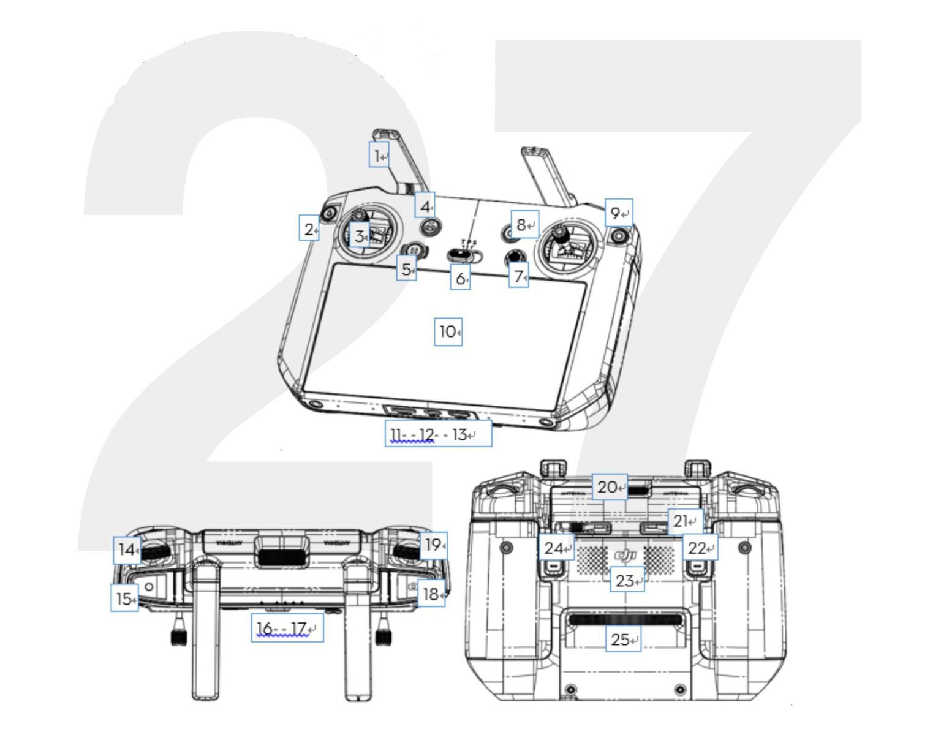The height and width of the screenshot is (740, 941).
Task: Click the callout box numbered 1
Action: [x=379, y=156]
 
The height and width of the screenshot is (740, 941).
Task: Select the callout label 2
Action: [x=309, y=228]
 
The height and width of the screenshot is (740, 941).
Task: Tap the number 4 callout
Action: [x=425, y=205]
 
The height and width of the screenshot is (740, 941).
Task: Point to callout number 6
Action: [x=460, y=278]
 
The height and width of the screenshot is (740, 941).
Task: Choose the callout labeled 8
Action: [x=524, y=225]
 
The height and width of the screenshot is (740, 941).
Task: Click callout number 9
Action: [x=619, y=213]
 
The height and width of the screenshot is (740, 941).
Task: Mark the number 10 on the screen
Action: [x=448, y=331]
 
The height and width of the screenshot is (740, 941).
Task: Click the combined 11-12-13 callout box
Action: [x=438, y=434]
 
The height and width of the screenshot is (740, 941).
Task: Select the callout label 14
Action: [x=127, y=549]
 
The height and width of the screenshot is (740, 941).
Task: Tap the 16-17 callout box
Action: [x=287, y=628]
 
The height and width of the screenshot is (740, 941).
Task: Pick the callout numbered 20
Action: [x=610, y=486]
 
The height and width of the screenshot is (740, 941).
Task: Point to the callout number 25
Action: [x=623, y=639]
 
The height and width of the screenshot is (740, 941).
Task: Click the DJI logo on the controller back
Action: [x=625, y=556]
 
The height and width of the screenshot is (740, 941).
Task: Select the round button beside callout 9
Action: [x=621, y=235]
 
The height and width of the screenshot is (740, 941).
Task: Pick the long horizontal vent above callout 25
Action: [x=625, y=619]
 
